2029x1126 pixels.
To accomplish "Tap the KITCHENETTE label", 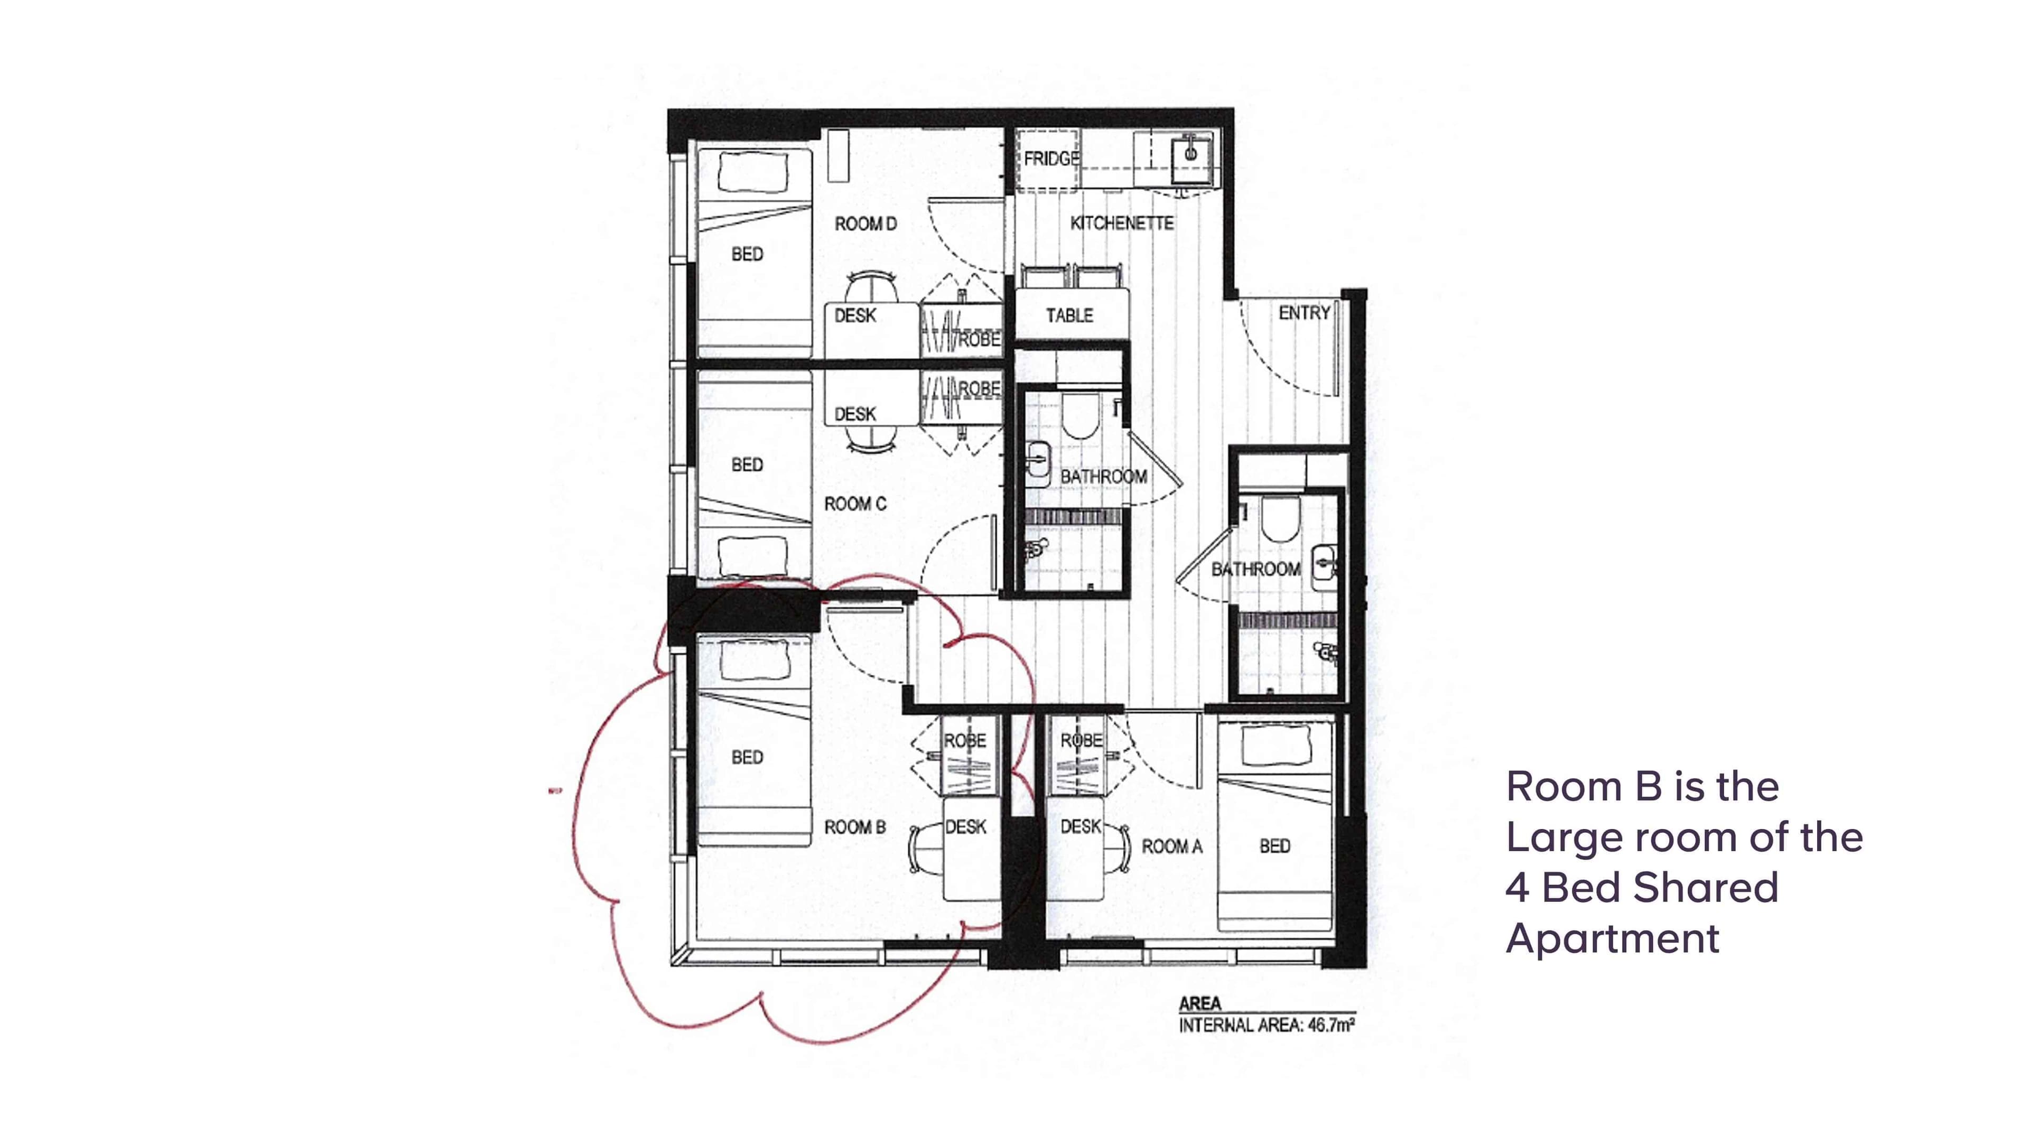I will [1122, 224].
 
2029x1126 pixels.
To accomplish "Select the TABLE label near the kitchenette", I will [1069, 316].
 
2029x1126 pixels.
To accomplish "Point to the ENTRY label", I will [1305, 313].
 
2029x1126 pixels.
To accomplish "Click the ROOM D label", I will [865, 225].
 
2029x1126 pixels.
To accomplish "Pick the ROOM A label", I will [1172, 847].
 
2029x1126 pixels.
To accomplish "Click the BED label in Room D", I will [747, 254].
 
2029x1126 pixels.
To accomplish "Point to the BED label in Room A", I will [1274, 846].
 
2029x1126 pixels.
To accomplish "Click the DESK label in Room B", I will [966, 827].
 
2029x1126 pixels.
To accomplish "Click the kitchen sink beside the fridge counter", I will [1190, 155].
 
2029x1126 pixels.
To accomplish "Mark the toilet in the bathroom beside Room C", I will [1079, 417].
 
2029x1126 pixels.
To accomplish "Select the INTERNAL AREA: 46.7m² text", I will [1267, 1026].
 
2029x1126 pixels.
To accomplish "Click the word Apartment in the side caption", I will [1612, 938].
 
